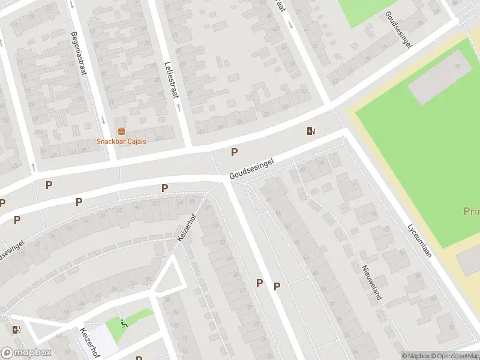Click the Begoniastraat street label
point(79,53)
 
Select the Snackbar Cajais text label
point(121,141)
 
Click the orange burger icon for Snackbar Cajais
point(121,131)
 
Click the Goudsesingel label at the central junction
point(251,169)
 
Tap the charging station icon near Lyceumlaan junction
point(311,131)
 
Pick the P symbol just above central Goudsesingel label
point(234,152)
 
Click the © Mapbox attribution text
point(416,356)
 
